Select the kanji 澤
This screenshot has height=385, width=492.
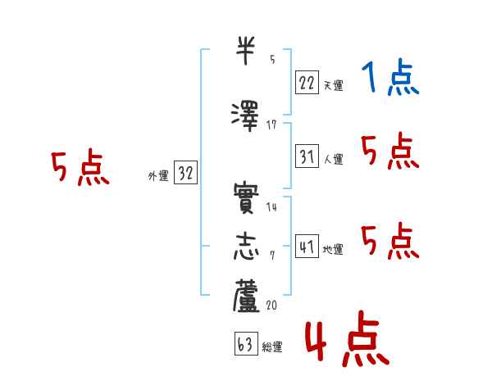coord(246,115)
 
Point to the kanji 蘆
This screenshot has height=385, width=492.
coord(246,297)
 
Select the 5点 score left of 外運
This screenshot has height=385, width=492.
coord(80,170)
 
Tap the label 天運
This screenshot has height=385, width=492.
coord(333,85)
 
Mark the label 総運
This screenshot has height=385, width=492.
coord(272,347)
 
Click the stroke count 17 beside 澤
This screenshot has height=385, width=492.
coord(271,124)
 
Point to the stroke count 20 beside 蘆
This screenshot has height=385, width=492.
coord(271,304)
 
